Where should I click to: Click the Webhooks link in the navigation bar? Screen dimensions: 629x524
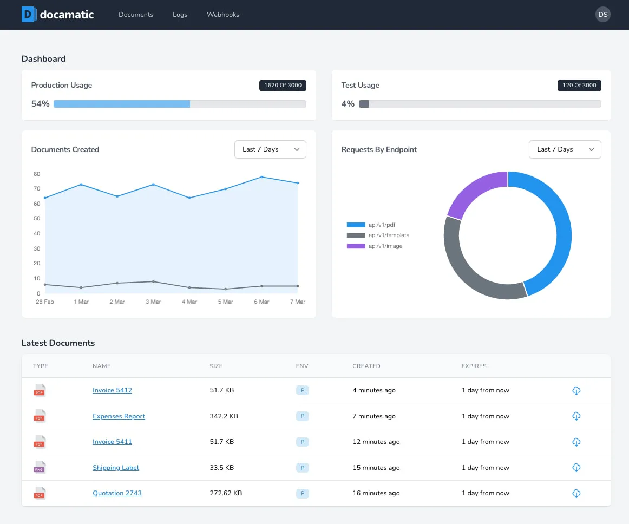point(223,15)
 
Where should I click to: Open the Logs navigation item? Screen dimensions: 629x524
point(180,15)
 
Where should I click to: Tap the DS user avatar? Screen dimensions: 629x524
point(602,15)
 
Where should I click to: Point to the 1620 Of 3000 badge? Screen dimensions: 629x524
point(283,85)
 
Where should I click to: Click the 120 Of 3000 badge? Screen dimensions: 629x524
point(579,85)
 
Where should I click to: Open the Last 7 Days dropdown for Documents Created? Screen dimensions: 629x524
point(270,149)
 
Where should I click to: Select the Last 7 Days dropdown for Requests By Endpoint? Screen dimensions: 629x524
point(565,149)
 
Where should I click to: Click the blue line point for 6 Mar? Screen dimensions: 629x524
point(261,177)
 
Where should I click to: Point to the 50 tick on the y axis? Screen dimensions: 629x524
point(37,218)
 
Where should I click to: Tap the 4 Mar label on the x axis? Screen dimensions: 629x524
point(189,302)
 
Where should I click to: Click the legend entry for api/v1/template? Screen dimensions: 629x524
point(378,235)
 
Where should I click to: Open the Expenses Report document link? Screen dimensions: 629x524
point(119,416)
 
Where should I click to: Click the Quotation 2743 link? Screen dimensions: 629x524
point(117,493)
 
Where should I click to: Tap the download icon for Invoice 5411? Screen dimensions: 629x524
point(576,442)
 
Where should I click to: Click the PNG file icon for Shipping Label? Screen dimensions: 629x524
point(40,467)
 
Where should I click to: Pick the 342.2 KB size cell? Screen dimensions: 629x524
point(224,416)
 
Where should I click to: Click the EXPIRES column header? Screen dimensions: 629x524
point(474,366)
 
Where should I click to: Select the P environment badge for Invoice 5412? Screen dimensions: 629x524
point(303,390)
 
